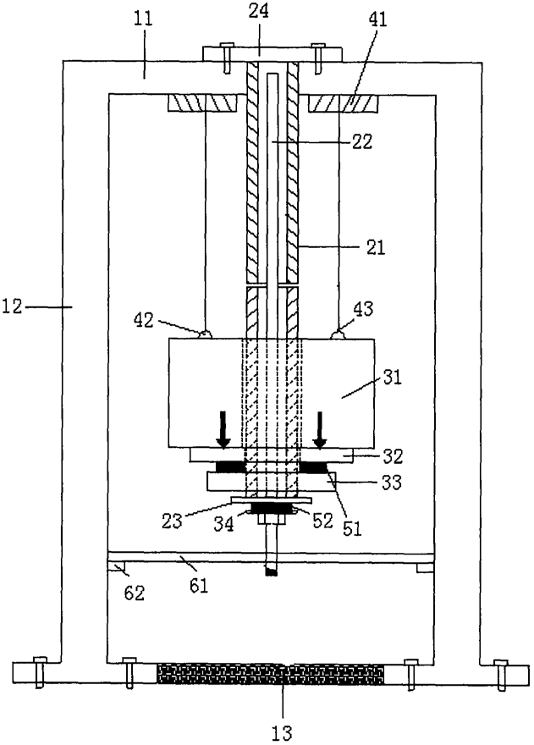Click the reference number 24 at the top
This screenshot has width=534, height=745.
(258, 10)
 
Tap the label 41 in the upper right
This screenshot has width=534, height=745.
(377, 19)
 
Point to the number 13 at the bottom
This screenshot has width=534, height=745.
(282, 732)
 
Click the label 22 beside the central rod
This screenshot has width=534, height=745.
(362, 141)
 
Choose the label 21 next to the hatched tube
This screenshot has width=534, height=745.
(375, 247)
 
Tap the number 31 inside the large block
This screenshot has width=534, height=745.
(393, 378)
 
